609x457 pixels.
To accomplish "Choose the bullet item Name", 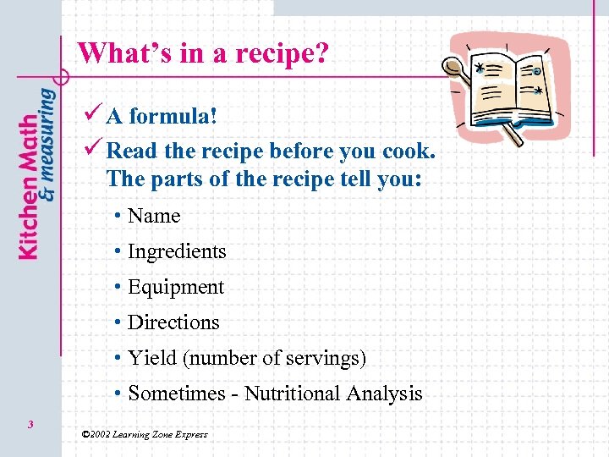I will click(x=154, y=216).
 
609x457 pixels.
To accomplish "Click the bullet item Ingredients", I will click(x=177, y=251).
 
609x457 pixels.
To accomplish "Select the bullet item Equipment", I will click(x=176, y=287).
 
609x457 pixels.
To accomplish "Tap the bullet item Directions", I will click(x=173, y=322).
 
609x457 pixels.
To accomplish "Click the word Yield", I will click(x=148, y=358).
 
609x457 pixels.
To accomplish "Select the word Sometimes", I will click(x=173, y=394).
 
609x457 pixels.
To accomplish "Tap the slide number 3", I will click(x=30, y=424).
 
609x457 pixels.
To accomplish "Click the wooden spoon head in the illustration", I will click(x=457, y=65).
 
